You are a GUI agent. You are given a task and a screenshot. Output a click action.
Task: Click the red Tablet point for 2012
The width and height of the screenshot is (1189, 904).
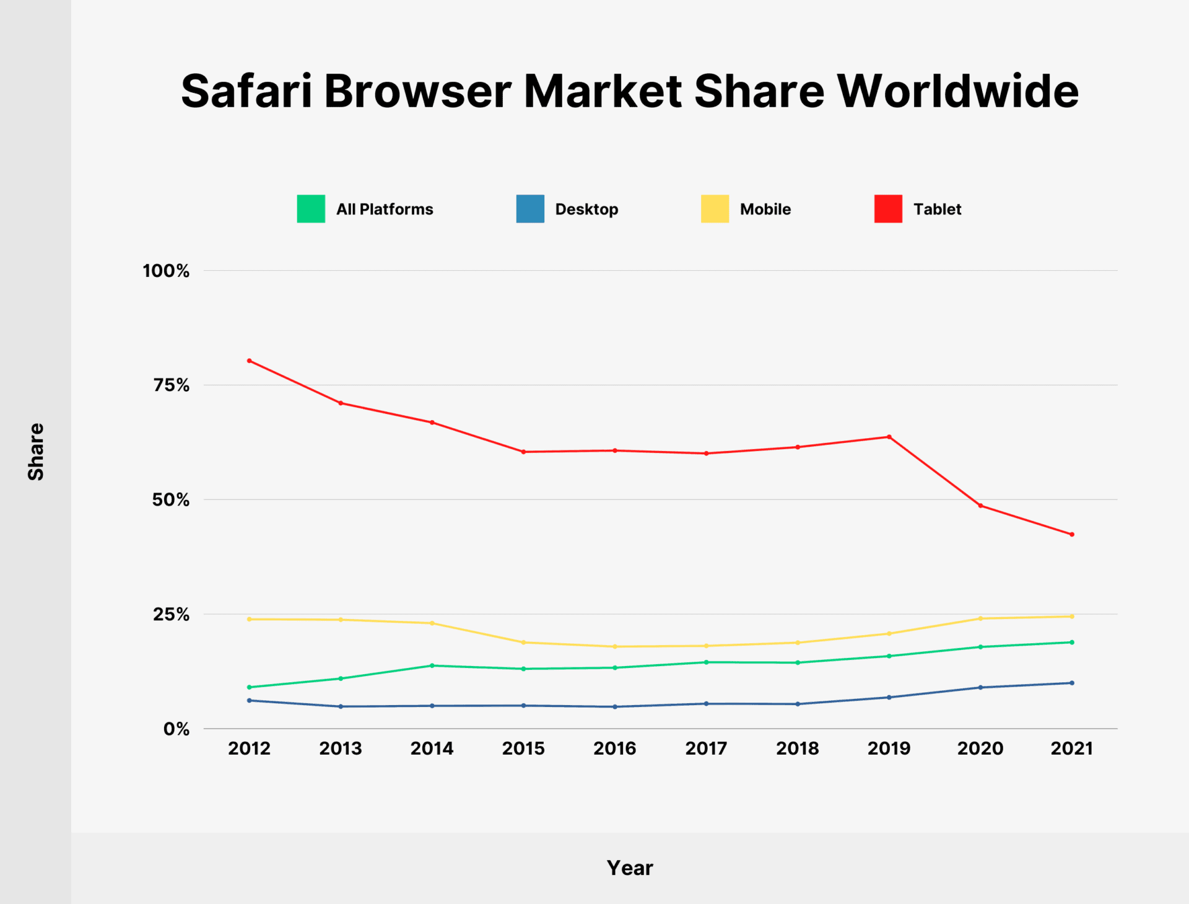pos(250,361)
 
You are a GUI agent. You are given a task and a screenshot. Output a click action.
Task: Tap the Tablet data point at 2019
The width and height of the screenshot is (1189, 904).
pos(889,437)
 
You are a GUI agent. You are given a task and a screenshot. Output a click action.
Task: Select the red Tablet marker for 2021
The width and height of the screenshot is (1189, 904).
pos(1072,534)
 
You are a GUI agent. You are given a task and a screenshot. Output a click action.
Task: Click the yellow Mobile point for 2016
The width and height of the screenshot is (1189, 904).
pos(615,646)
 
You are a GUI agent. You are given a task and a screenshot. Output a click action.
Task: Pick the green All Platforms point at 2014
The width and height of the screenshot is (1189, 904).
pos(432,665)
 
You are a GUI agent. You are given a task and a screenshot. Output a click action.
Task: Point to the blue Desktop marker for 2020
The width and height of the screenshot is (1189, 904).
pos(980,687)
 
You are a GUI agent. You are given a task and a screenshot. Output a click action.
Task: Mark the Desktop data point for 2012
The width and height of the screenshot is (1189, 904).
pos(250,700)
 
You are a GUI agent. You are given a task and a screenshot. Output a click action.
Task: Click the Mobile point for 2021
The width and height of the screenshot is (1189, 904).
pos(1072,617)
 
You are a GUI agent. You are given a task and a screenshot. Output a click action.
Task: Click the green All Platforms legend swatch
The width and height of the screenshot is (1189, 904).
pos(311,209)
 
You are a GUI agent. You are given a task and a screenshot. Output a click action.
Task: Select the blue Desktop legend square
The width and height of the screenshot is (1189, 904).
pos(530,209)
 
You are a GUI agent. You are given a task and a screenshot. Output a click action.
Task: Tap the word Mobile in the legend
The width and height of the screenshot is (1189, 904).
pos(765,209)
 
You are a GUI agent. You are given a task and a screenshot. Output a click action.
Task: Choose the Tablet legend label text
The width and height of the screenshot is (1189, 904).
pos(937,209)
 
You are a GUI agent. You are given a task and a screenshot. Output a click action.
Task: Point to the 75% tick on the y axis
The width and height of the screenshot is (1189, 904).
pos(172,385)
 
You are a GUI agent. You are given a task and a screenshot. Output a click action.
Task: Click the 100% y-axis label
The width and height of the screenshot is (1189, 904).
pos(166,271)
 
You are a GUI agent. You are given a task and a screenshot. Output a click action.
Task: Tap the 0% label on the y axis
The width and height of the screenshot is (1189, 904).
pos(176,729)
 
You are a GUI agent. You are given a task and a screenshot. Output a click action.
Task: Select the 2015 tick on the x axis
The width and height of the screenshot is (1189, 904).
pos(523,748)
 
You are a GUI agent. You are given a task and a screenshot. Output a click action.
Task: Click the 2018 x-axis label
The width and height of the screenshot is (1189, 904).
pos(798,748)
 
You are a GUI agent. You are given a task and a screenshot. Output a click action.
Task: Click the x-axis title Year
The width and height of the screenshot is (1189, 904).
pos(630,868)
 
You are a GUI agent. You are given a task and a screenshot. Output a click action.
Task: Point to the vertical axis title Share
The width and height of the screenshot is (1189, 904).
pos(36,452)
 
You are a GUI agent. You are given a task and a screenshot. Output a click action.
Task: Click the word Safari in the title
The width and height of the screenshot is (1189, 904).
pos(246,92)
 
